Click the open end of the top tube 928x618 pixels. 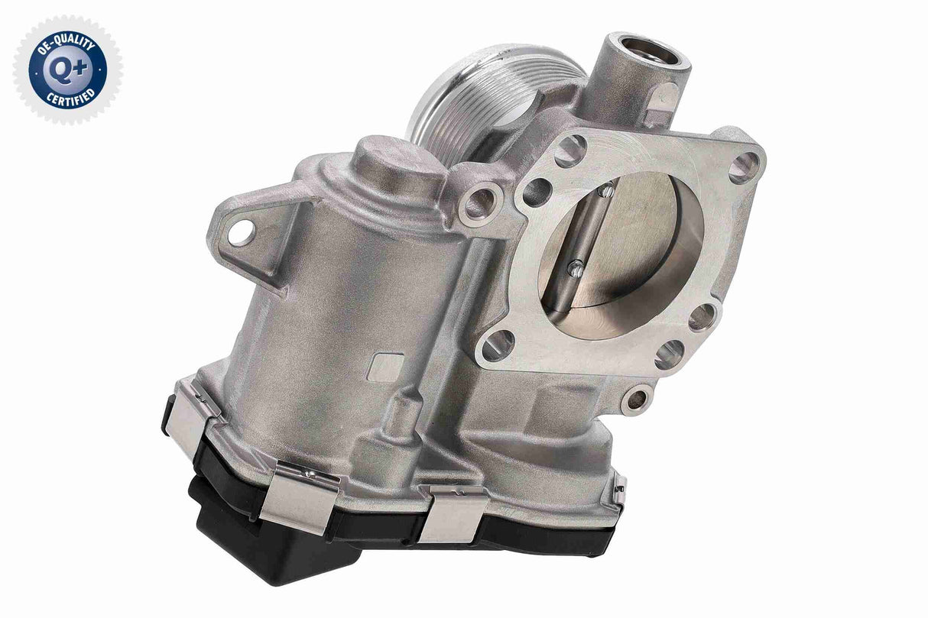coord(651,51)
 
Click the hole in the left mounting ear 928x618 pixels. coord(240,231)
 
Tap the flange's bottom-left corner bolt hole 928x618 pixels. coord(498,345)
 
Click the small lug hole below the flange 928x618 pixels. coord(636,398)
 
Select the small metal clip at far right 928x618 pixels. coord(620,489)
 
